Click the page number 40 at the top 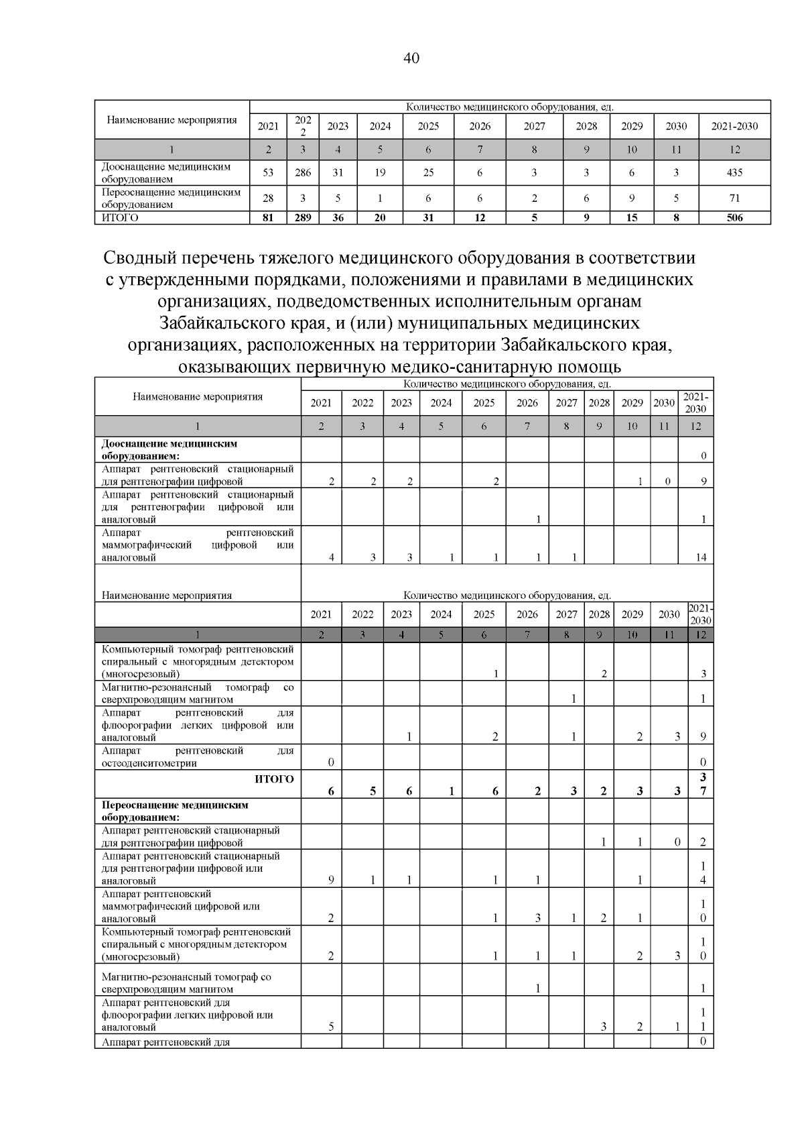point(411,58)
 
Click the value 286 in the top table point(303,172)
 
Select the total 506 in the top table point(734,217)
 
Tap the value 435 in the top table point(734,172)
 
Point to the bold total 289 point(303,217)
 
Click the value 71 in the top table point(734,198)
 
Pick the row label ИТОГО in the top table point(120,217)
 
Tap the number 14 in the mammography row point(701,557)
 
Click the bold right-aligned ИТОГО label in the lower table point(274,779)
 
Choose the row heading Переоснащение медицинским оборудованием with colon point(175,811)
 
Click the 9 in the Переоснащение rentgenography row point(331,880)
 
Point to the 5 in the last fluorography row point(331,1027)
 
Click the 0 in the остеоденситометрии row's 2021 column point(331,762)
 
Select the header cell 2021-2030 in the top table point(734,126)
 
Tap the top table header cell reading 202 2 point(303,126)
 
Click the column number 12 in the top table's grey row point(734,150)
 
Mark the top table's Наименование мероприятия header point(172,121)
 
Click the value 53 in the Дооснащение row point(268,172)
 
